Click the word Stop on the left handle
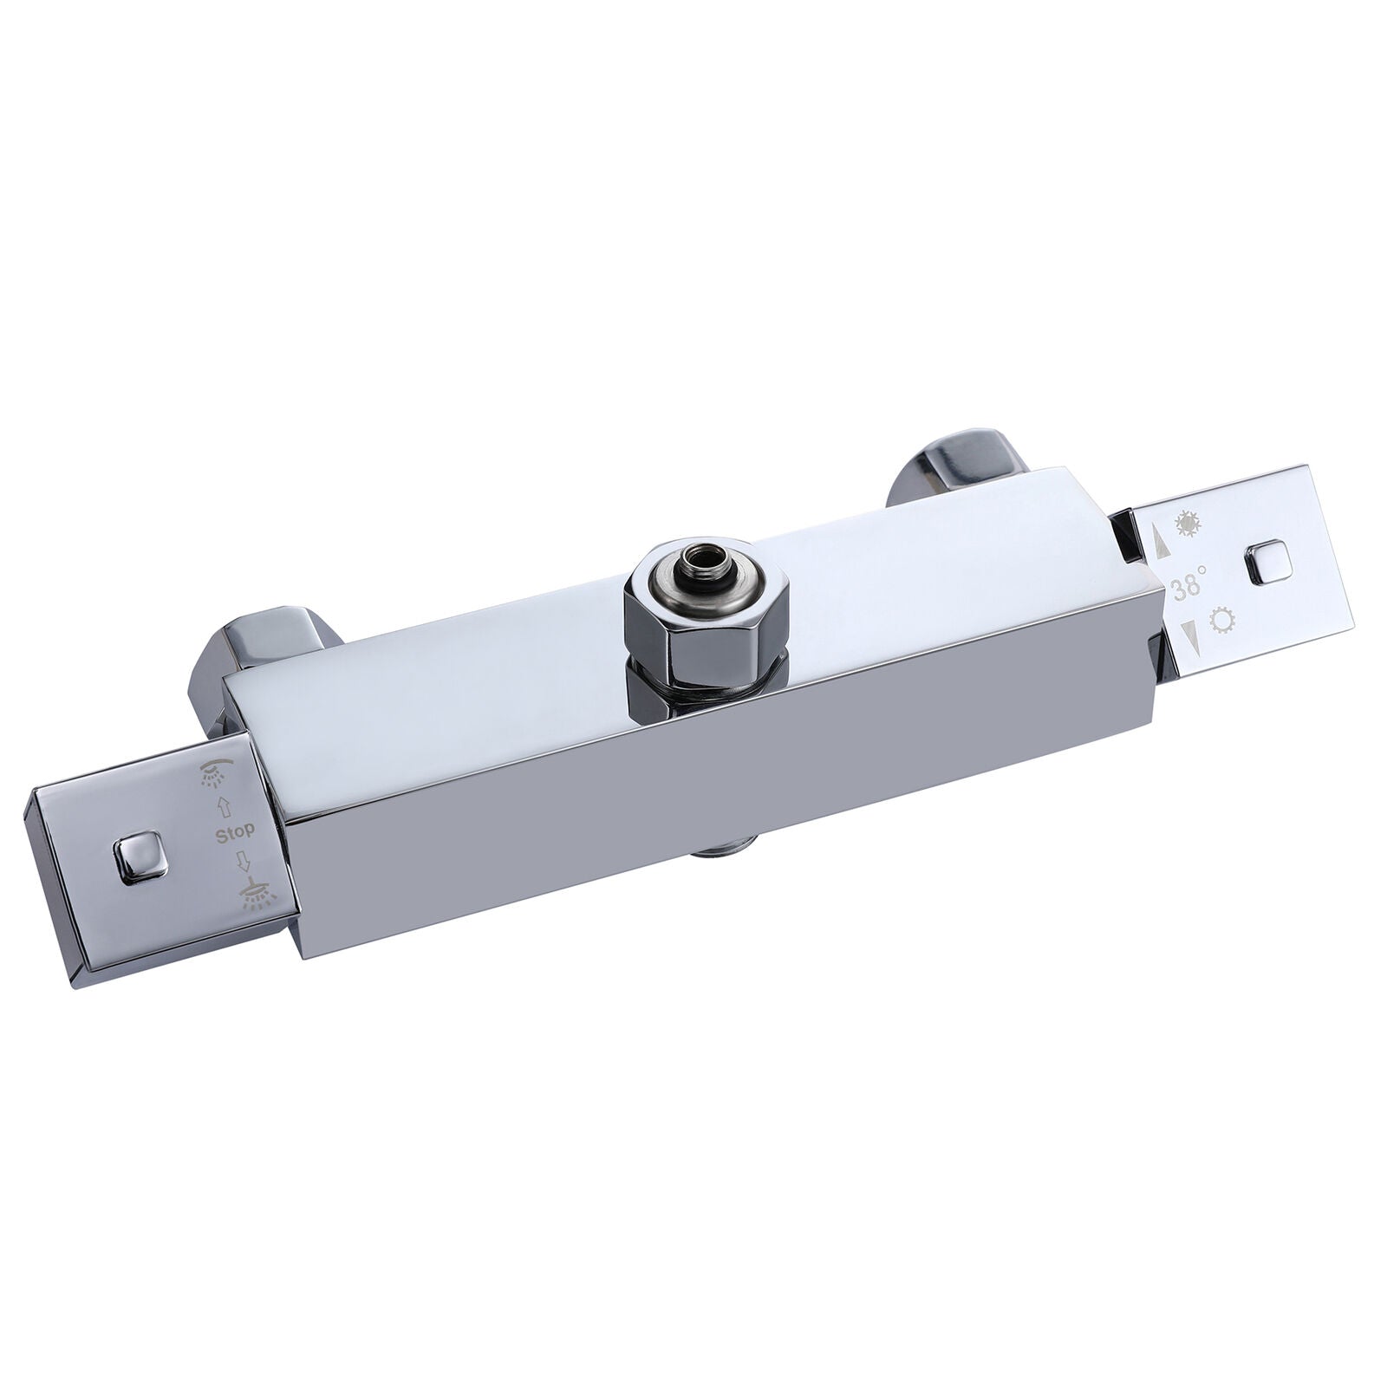(x=234, y=830)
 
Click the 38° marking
(x=1187, y=588)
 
